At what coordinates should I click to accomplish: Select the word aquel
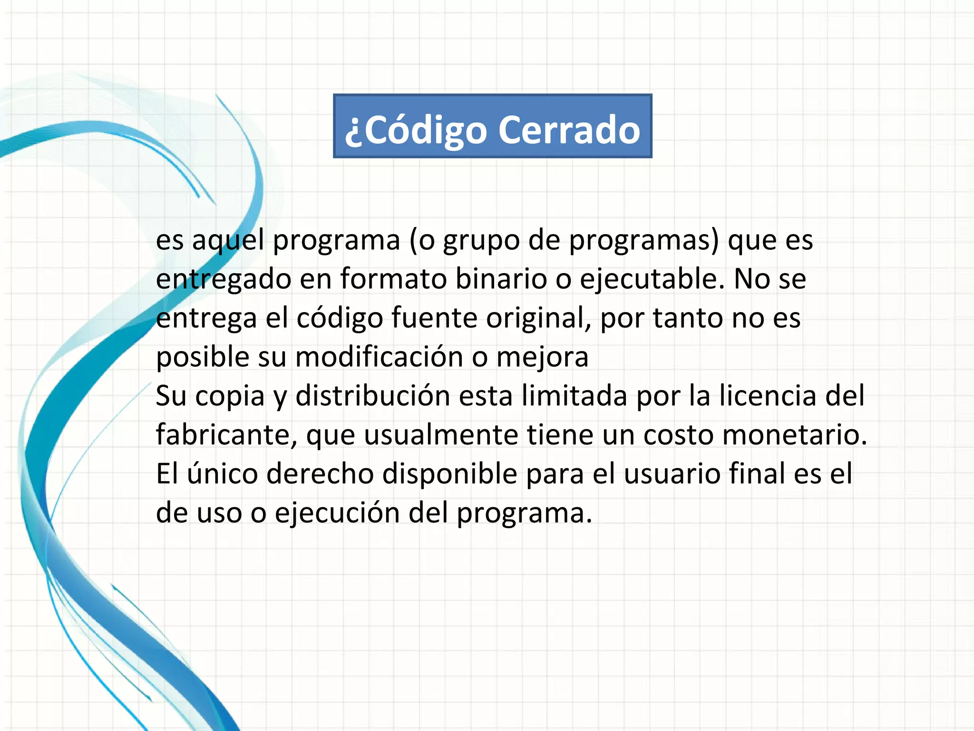[x=228, y=240]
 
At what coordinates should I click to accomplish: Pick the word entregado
[x=224, y=279]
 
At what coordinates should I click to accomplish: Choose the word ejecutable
[x=652, y=279]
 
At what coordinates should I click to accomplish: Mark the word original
[x=538, y=318]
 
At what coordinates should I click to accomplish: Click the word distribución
[x=372, y=395]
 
